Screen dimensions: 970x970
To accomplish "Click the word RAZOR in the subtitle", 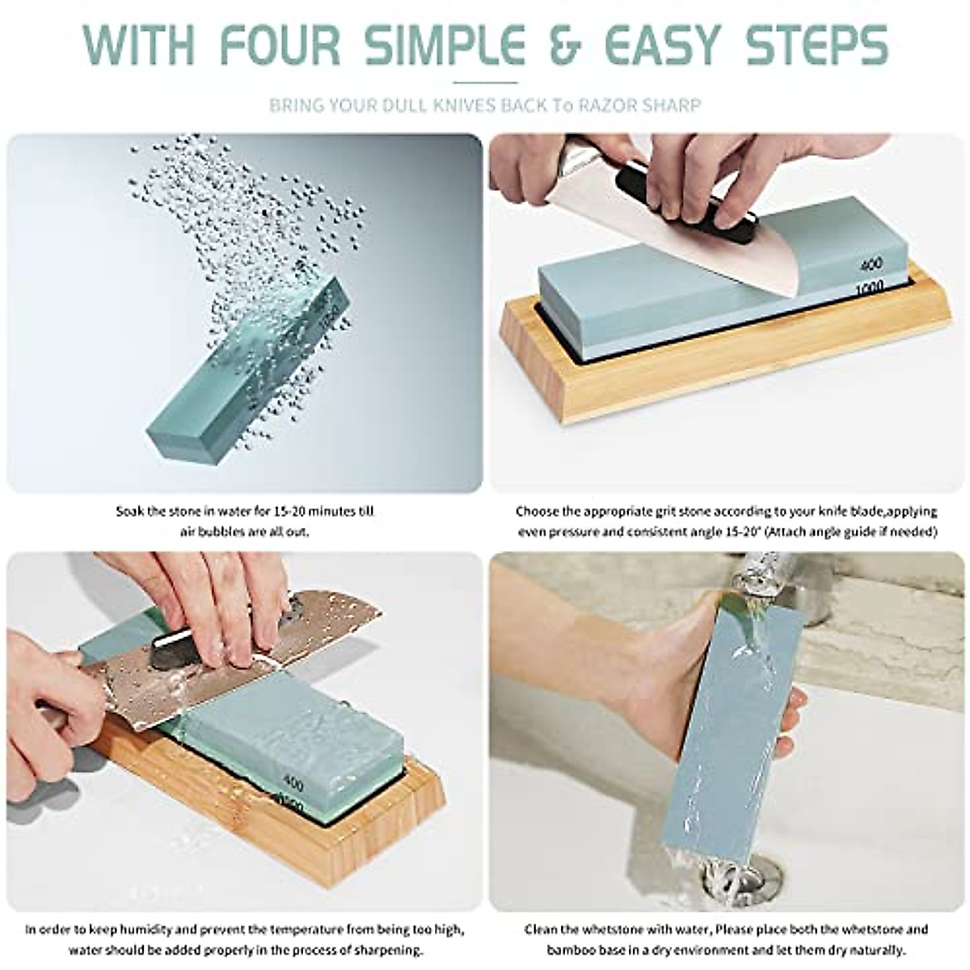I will click(605, 105).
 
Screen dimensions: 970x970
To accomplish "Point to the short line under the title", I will click(485, 82).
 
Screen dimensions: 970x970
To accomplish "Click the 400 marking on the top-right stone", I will click(849, 264).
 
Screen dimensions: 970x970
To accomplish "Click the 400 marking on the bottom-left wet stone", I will click(295, 781).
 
